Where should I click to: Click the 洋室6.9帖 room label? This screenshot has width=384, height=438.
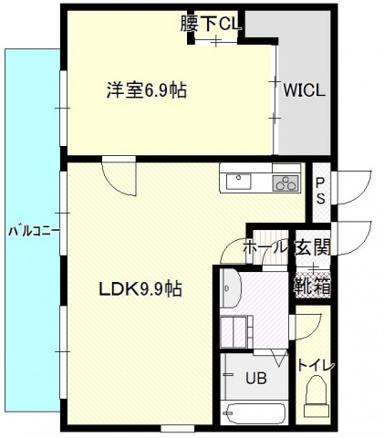coord(147,90)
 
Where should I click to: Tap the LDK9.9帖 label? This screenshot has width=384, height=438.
coord(140,290)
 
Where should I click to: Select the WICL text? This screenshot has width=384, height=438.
coord(303,91)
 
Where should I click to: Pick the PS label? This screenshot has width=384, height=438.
coord(320,192)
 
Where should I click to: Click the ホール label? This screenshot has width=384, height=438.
coord(265,247)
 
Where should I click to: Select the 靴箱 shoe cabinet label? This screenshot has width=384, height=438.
coord(312,285)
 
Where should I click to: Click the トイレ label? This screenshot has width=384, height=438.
coord(317,365)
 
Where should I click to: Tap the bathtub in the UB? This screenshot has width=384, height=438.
coord(254,412)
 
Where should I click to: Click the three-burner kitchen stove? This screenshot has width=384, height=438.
coord(286,182)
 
